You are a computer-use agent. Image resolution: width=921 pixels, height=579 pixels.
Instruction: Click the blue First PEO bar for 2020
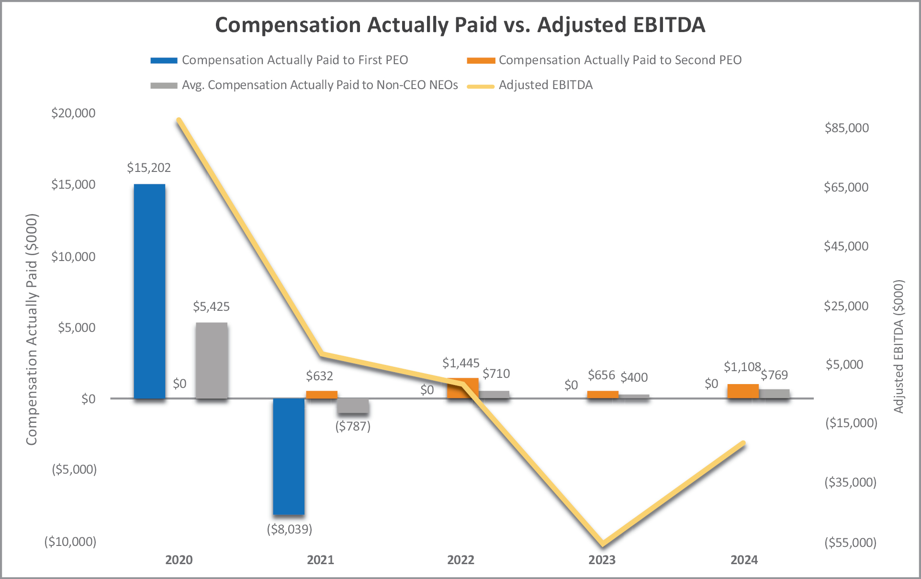(149, 291)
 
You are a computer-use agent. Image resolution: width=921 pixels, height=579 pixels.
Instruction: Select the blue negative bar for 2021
(289, 456)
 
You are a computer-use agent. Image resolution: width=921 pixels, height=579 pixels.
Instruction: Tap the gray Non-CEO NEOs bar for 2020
(212, 360)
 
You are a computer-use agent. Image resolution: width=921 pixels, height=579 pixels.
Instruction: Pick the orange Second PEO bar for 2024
(743, 391)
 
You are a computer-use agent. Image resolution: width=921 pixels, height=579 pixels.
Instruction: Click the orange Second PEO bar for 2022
(462, 388)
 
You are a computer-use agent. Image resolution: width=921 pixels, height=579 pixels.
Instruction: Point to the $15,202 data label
(149, 168)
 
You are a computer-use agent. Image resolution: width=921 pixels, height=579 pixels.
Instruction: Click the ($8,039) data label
(289, 529)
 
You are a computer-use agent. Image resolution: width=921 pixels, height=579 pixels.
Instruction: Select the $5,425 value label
(211, 307)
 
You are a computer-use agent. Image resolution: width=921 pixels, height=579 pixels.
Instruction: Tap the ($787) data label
(353, 426)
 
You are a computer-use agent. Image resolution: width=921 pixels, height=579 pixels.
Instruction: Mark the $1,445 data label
(460, 363)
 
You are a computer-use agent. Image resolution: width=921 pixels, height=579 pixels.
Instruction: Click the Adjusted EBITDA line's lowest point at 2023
(603, 544)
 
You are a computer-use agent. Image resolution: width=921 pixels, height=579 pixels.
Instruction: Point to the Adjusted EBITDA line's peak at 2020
(179, 120)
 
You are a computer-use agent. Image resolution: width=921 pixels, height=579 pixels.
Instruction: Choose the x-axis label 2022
(460, 560)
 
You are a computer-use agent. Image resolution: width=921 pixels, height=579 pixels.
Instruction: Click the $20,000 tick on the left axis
(73, 113)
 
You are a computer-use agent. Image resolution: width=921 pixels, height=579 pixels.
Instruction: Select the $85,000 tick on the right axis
(846, 128)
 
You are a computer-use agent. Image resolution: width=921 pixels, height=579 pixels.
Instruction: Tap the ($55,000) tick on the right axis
(850, 543)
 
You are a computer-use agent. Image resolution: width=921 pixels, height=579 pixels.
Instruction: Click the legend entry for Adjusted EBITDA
(545, 85)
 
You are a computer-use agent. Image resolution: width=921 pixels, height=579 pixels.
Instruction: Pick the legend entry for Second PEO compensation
(620, 60)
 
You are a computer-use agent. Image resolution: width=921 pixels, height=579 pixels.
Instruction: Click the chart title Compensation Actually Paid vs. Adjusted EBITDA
(460, 25)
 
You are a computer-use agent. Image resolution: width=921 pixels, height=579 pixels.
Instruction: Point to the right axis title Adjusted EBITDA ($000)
(899, 346)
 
